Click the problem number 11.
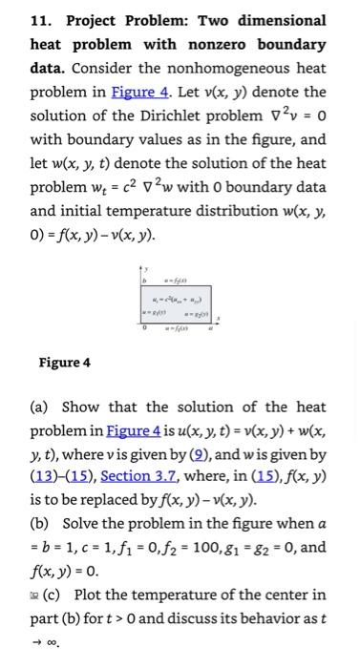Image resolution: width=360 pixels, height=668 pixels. pos(39,20)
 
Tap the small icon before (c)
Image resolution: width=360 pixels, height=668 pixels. pos(33,595)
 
